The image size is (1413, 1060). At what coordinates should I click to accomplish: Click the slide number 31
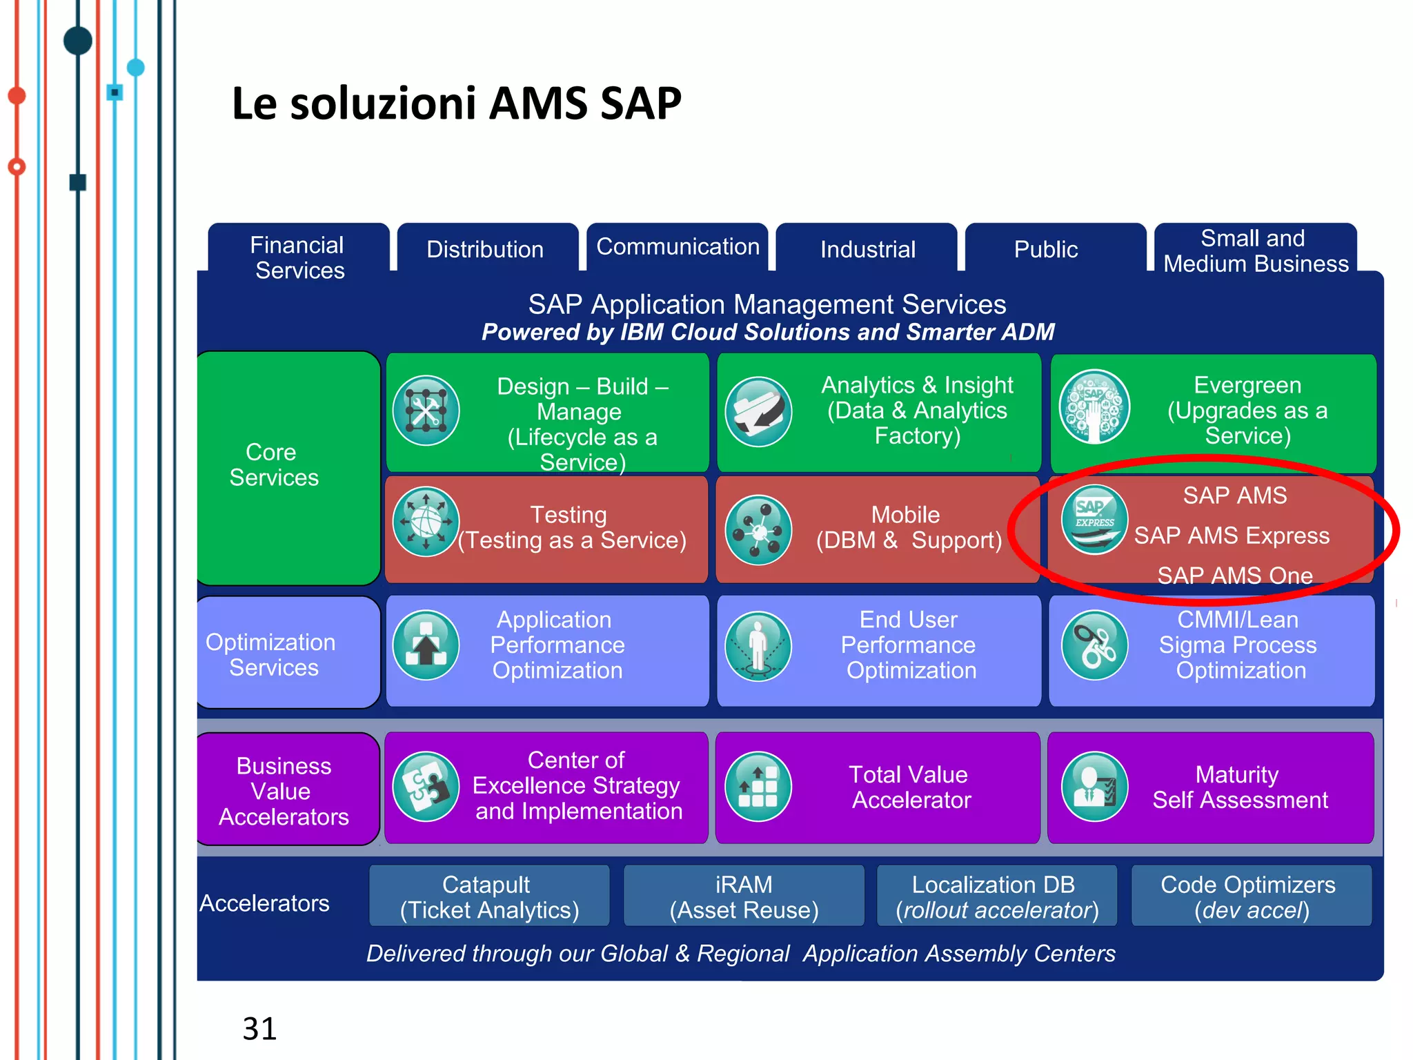(259, 1029)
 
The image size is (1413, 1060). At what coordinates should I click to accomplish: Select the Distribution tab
(485, 249)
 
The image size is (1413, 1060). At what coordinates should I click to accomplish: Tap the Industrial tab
(867, 249)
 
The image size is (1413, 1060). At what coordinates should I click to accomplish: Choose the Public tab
(1045, 249)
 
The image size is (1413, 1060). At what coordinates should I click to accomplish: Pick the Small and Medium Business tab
(1255, 251)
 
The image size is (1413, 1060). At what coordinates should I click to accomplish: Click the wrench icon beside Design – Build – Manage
(426, 411)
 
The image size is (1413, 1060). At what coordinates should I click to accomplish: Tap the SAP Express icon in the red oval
(1094, 520)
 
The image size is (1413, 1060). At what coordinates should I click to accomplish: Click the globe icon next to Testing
(426, 522)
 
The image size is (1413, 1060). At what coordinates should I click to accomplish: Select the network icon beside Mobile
(758, 530)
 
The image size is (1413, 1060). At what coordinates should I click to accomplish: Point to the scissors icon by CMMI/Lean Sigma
(1094, 645)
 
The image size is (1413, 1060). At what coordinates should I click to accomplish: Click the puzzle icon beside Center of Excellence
(426, 786)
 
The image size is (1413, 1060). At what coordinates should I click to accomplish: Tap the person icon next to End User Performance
(758, 646)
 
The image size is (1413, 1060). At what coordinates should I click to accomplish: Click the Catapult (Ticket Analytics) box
(489, 896)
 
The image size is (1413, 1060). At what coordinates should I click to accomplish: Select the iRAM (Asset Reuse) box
(744, 896)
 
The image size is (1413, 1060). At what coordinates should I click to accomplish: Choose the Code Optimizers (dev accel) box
(1251, 896)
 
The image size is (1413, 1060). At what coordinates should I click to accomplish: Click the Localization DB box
(996, 896)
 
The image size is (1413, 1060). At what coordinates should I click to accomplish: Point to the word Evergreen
(1247, 385)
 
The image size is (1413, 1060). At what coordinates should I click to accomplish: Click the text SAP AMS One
(1234, 575)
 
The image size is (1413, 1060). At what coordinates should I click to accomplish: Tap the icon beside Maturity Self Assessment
(1094, 787)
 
